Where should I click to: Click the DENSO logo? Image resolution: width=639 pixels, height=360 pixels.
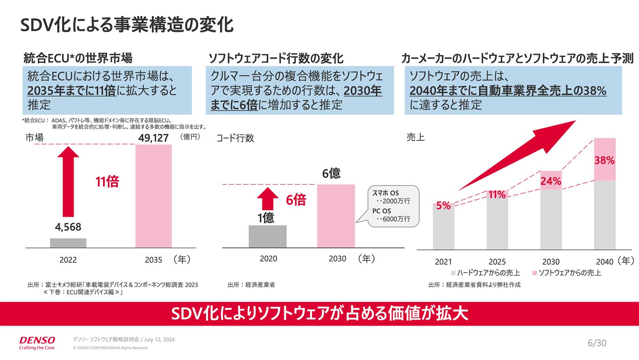tap(37, 340)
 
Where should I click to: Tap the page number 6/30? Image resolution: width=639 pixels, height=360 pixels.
tap(597, 343)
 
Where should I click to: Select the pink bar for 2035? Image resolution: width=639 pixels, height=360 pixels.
tap(153, 196)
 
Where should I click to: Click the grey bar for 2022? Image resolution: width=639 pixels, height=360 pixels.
tap(68, 243)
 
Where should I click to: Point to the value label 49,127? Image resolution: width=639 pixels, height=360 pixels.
tap(153, 138)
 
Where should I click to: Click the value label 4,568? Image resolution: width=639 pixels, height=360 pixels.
tap(68, 227)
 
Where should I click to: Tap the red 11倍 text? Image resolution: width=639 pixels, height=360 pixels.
tap(107, 182)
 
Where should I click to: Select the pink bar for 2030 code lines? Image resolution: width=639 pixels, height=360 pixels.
tap(336, 216)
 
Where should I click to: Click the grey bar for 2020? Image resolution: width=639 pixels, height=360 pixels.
tap(268, 236)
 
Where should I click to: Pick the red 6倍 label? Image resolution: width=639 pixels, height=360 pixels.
tap(296, 200)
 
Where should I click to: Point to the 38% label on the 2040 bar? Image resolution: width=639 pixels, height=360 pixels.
tap(604, 160)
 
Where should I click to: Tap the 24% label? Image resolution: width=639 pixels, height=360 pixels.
tap(551, 181)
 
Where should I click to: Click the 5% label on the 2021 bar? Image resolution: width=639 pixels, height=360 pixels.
tap(443, 206)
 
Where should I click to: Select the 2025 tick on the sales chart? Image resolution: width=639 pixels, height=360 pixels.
tap(497, 262)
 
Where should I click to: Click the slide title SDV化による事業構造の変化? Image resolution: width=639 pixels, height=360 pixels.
tap(127, 25)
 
